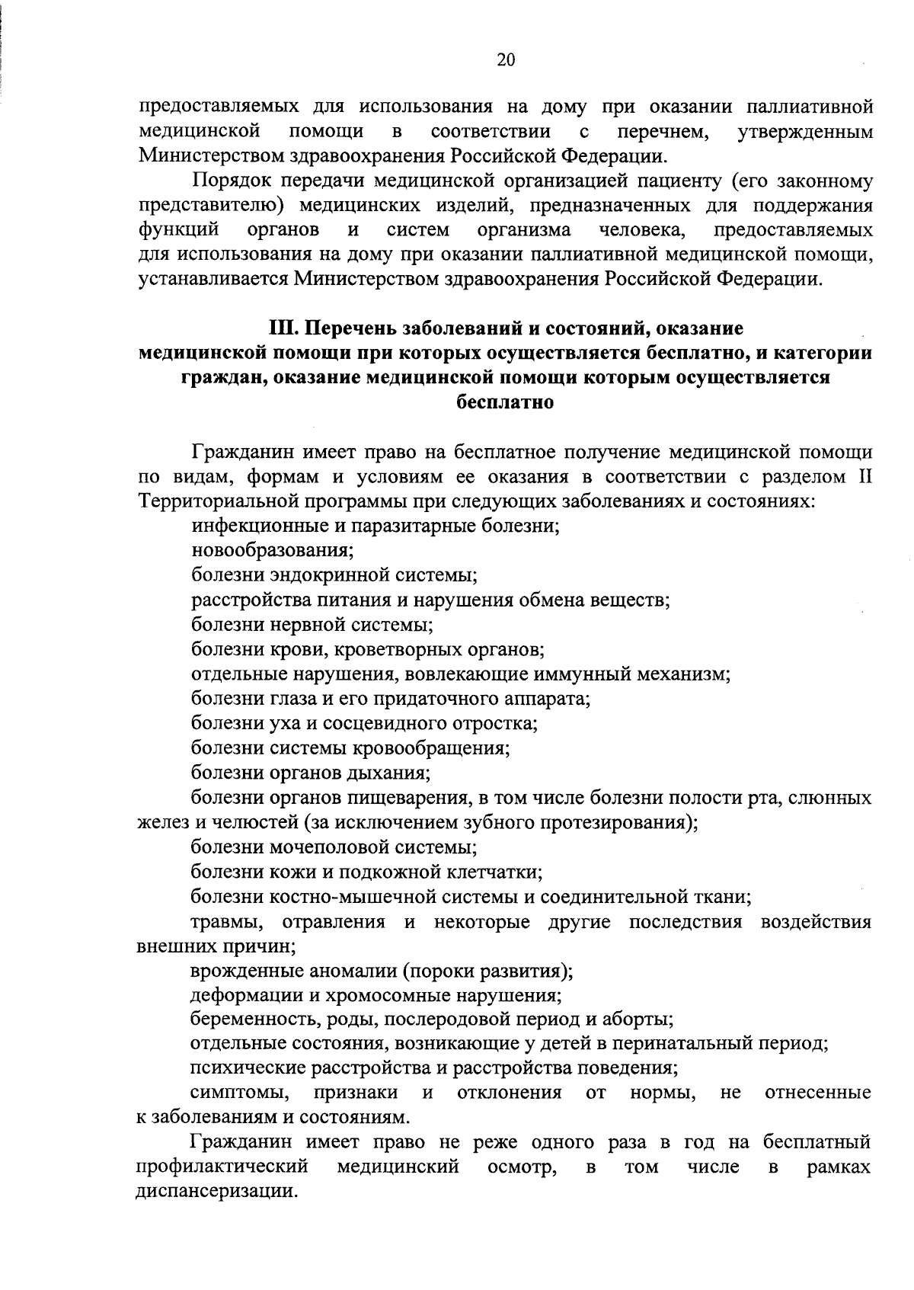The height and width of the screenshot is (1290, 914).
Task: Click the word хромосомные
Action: (x=393, y=995)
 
